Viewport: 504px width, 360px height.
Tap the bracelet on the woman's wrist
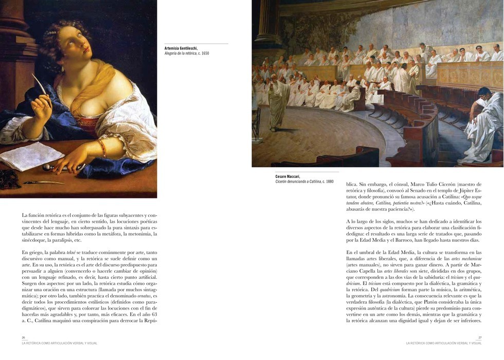pos(103,148)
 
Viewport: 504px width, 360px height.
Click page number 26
pos(23,338)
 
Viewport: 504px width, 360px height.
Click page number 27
pos(480,338)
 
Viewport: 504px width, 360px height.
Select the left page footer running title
pos(59,343)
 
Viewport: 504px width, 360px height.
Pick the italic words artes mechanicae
pos(466,258)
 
